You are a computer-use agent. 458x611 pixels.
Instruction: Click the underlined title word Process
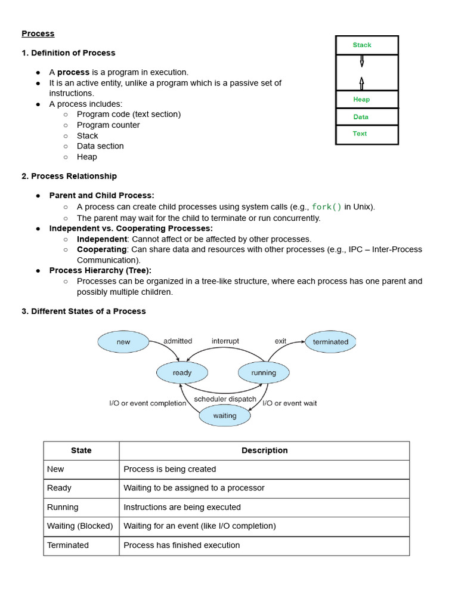click(38, 33)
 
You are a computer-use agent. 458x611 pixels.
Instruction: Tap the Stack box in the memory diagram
click(367, 45)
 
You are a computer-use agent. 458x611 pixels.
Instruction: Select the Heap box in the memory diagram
click(367, 100)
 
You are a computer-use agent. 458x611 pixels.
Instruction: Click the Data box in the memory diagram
click(367, 117)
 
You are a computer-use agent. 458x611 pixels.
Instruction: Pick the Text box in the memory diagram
click(367, 134)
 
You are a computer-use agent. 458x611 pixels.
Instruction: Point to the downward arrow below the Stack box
click(361, 61)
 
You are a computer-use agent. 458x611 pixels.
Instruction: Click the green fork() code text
click(327, 207)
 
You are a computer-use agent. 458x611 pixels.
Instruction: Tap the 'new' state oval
click(123, 342)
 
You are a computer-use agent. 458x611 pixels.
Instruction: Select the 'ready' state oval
click(182, 373)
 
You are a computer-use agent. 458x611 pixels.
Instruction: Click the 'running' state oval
click(264, 373)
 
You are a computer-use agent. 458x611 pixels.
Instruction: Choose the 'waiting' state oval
click(224, 415)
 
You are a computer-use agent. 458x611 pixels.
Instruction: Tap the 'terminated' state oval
click(330, 342)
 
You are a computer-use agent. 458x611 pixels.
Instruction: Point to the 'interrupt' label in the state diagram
click(225, 341)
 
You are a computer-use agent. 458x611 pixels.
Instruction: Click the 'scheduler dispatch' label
click(225, 399)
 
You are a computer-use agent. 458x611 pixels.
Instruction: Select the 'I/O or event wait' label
click(290, 403)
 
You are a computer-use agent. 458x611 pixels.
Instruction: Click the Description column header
click(264, 450)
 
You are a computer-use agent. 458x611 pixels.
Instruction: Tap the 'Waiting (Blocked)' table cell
click(80, 526)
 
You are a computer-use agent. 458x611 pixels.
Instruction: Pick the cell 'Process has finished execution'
click(182, 545)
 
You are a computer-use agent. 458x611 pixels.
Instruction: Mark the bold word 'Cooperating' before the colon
click(101, 249)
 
